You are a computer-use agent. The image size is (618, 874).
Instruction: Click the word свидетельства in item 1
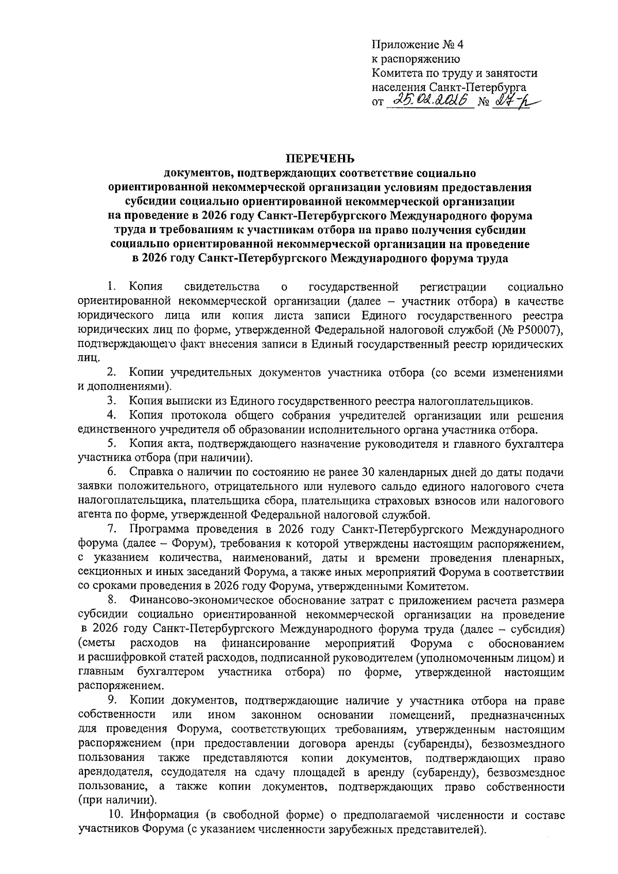coord(222,286)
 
